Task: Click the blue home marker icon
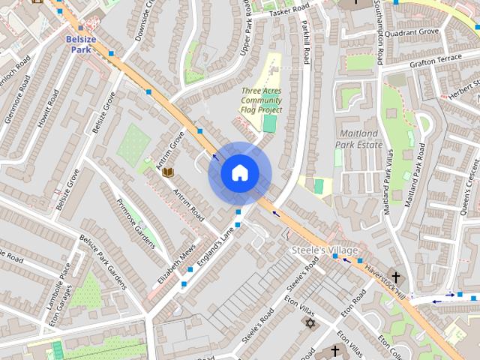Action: pyautogui.click(x=239, y=173)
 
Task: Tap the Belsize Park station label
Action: pyautogui.click(x=80, y=43)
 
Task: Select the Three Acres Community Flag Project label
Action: pyautogui.click(x=261, y=100)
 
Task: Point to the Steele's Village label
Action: pyautogui.click(x=325, y=250)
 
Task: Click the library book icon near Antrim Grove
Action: pyautogui.click(x=169, y=172)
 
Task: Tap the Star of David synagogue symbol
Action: pyautogui.click(x=309, y=323)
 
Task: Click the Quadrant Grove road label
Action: pyautogui.click(x=419, y=32)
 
